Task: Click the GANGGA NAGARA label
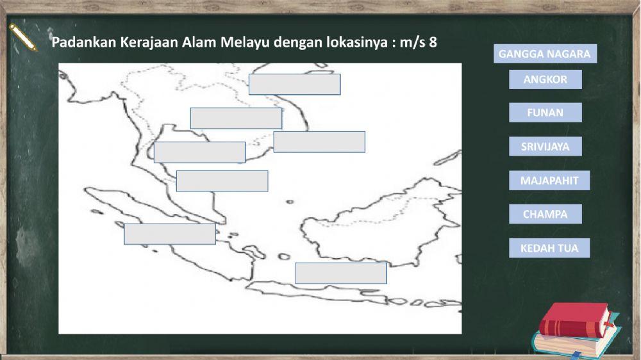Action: click(544, 54)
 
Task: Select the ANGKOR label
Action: click(545, 79)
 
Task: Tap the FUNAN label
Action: click(545, 113)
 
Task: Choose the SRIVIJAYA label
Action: click(545, 147)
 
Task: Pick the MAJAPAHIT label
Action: click(549, 181)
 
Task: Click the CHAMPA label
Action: click(545, 214)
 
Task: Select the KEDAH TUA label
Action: click(549, 248)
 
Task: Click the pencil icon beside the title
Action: click(24, 38)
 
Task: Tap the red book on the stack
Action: click(574, 321)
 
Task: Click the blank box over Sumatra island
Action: click(170, 234)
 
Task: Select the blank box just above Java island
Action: click(340, 273)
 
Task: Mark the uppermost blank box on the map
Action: click(294, 85)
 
